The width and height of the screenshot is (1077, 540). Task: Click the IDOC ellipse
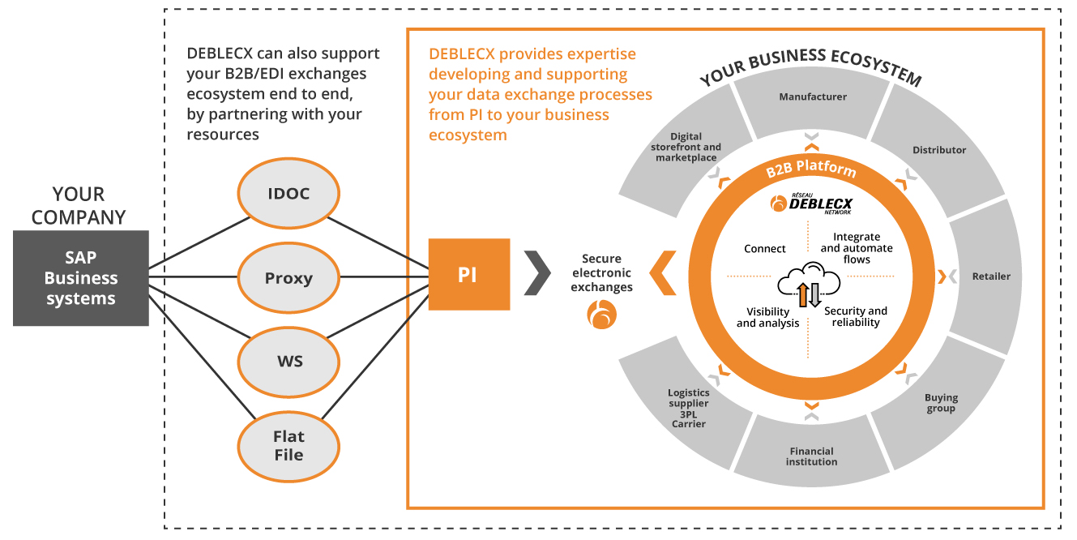click(288, 193)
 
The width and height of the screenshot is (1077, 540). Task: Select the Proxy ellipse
click(288, 277)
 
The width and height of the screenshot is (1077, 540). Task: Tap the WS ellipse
click(288, 362)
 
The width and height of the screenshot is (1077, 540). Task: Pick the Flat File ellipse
click(288, 446)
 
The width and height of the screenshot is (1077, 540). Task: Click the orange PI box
click(468, 274)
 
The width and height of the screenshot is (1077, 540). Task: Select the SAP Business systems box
click(81, 278)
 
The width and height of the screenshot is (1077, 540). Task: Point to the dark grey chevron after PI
click(537, 272)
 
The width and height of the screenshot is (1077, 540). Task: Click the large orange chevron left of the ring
click(663, 272)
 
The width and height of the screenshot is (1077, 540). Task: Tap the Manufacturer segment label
click(813, 96)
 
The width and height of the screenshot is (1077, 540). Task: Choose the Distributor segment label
click(939, 150)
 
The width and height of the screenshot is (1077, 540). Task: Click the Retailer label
click(991, 276)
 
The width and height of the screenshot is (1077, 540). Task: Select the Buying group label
click(941, 403)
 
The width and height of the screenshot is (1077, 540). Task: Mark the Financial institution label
click(811, 456)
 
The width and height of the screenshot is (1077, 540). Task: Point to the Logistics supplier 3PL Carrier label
click(689, 409)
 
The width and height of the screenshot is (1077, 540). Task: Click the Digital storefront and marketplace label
click(686, 147)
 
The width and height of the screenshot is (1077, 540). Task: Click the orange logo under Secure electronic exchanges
click(601, 315)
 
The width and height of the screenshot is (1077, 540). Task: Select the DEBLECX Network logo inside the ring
click(811, 204)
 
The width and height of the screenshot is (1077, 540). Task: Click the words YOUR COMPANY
click(79, 206)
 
